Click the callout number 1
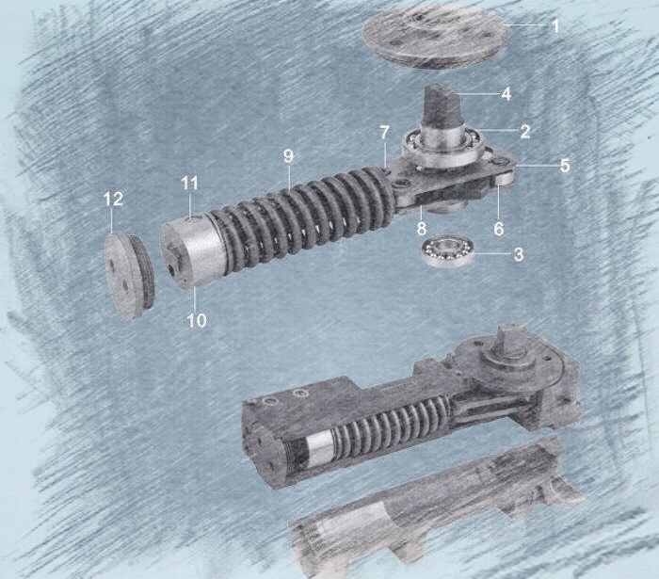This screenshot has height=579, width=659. (x=555, y=26)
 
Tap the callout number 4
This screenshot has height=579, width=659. (x=506, y=94)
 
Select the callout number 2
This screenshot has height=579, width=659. (x=525, y=132)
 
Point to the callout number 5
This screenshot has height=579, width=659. (x=565, y=165)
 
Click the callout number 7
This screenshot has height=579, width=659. (x=384, y=133)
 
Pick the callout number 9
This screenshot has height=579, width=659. (x=288, y=156)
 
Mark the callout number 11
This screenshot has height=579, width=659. (x=189, y=184)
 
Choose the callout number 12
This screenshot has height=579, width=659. (x=114, y=200)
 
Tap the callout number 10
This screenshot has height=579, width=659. (x=197, y=320)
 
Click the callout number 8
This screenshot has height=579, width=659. (x=422, y=229)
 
